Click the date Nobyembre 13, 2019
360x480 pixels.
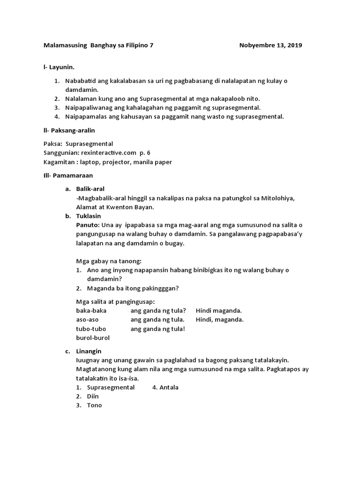[270, 45]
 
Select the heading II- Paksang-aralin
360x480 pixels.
[69, 130]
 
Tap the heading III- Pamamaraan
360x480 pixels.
[68, 175]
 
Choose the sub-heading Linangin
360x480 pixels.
[89, 351]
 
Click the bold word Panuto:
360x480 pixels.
[88, 225]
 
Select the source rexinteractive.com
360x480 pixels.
[105, 153]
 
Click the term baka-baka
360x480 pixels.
[91, 311]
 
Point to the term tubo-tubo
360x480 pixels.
[91, 329]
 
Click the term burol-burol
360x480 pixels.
[92, 337]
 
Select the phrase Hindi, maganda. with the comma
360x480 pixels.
[219, 320]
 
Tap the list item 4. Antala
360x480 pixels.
[165, 387]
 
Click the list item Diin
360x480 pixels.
[93, 396]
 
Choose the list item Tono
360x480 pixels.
[94, 405]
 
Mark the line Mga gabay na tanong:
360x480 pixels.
[108, 261]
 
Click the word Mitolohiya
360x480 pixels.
[278, 198]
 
